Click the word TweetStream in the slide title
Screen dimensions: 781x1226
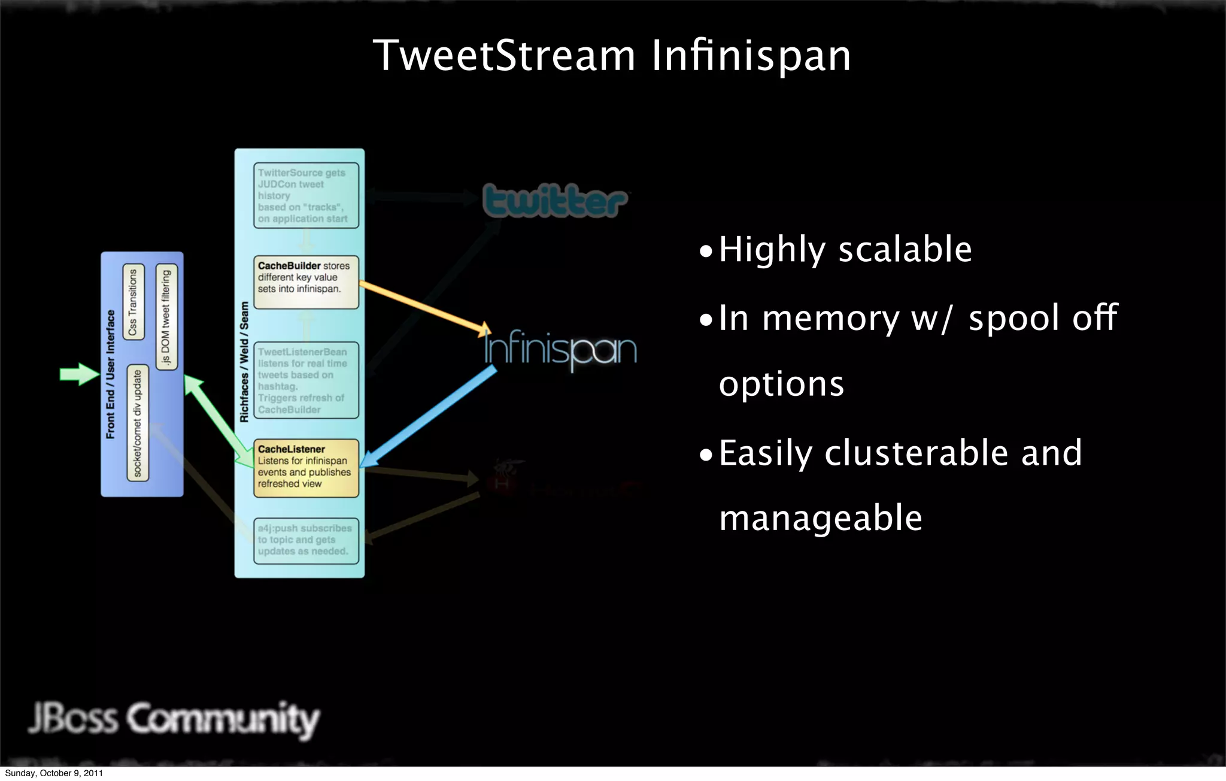503,56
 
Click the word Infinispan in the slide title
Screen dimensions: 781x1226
751,56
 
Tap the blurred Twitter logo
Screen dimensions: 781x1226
555,201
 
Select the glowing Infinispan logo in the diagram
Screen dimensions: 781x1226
560,349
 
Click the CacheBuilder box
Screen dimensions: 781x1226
306,281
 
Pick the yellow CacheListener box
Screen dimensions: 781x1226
306,468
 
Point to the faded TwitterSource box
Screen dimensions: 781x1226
306,195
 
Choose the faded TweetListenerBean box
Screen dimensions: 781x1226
306,380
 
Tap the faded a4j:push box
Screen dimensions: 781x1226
306,540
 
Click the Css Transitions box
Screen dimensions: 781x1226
133,301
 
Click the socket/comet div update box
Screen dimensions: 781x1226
138,423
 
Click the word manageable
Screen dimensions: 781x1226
820,518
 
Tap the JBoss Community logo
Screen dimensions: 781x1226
174,719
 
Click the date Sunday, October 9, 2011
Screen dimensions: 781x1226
54,773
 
